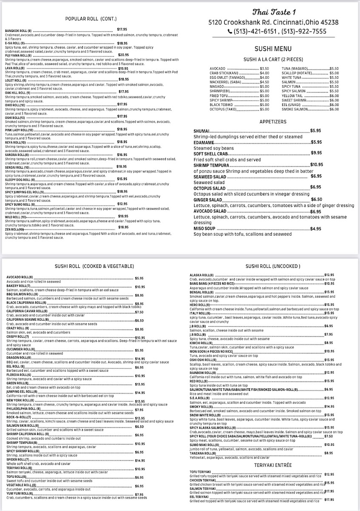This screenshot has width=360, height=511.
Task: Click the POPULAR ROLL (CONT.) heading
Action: (91, 19)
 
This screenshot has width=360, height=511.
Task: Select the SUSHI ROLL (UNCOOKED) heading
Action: (273, 266)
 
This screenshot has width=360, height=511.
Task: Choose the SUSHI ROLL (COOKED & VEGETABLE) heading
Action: (94, 266)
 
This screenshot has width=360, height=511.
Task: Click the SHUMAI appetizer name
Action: (200, 131)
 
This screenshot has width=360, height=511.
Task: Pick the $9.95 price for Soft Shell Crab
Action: (316, 152)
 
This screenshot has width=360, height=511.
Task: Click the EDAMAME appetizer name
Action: (203, 142)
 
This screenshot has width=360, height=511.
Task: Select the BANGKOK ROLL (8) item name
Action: (18, 31)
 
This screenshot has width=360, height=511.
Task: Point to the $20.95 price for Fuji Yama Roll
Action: (123, 55)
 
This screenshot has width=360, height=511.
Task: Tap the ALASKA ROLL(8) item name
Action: (201, 275)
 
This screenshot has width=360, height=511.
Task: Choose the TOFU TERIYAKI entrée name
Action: (201, 471)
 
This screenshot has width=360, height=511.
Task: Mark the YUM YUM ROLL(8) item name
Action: (20, 494)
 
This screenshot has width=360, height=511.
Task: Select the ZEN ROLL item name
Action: (14, 229)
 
